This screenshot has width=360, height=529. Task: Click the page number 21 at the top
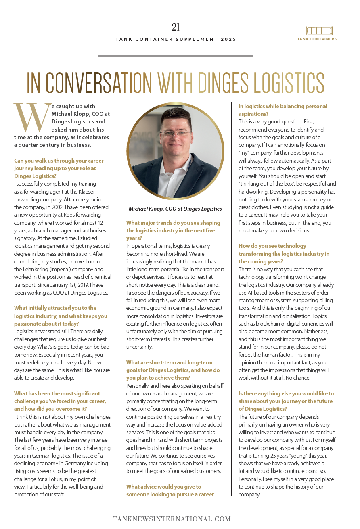pyautogui.click(x=175, y=27)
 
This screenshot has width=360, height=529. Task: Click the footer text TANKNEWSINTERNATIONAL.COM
pyautogui.click(x=172, y=519)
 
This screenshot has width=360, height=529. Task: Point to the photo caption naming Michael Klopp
pyautogui.click(x=175, y=209)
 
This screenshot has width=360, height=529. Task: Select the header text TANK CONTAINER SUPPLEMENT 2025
pyautogui.click(x=176, y=39)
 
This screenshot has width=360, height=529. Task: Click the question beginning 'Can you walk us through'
pyautogui.click(x=59, y=168)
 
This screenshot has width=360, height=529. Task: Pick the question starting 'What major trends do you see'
pyautogui.click(x=173, y=230)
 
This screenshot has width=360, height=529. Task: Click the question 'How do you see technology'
pyautogui.click(x=284, y=254)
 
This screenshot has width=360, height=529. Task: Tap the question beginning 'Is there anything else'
pyautogui.click(x=285, y=401)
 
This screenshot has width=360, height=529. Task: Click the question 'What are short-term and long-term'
pyautogui.click(x=173, y=370)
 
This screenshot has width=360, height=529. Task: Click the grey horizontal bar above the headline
pyautogui.click(x=175, y=56)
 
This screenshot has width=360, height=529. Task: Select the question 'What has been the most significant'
pyautogui.click(x=60, y=401)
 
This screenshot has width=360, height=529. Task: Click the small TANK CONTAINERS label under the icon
pyautogui.click(x=317, y=39)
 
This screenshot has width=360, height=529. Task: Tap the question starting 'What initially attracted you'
pyautogui.click(x=61, y=316)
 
